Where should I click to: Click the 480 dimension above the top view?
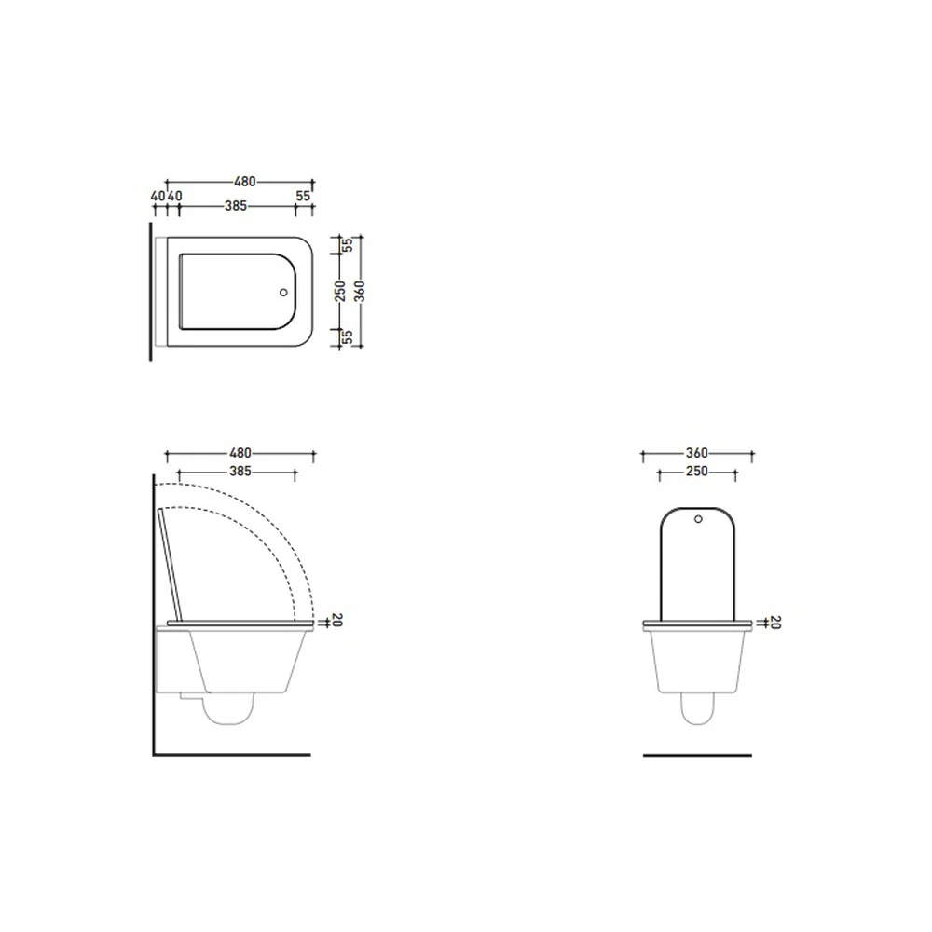[244, 182]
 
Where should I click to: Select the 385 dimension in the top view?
[236, 206]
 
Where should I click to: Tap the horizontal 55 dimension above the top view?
[303, 196]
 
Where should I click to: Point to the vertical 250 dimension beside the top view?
[340, 291]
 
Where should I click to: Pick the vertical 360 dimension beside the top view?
[360, 291]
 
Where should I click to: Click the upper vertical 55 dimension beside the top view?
[349, 244]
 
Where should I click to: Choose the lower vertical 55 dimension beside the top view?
[349, 337]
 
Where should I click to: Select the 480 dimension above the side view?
[240, 453]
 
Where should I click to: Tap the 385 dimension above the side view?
[240, 472]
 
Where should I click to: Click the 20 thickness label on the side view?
[337, 620]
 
